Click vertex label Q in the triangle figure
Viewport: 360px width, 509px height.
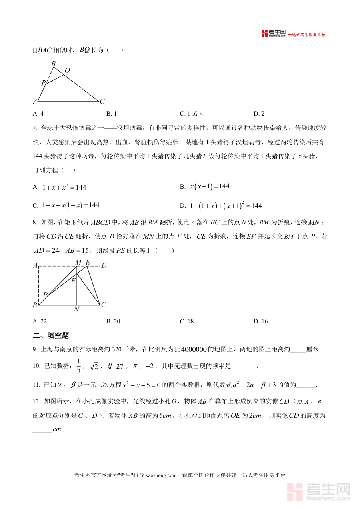[x=67, y=71]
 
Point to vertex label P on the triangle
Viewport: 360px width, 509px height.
[x=43, y=83]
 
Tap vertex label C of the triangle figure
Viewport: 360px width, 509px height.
[x=102, y=102]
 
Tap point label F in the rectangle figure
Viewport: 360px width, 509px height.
[x=73, y=281]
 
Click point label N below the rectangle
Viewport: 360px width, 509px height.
[x=76, y=309]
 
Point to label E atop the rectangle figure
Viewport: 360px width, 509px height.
[x=88, y=263]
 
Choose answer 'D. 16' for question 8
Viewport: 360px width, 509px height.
[x=260, y=321]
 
